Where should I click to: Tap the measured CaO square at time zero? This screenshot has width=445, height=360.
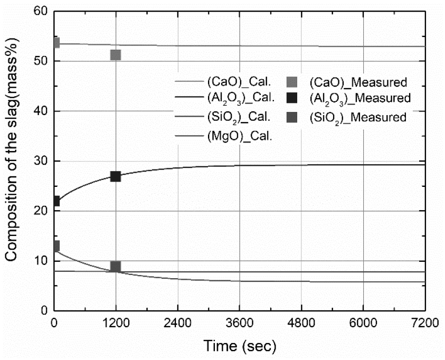pyautogui.click(x=55, y=43)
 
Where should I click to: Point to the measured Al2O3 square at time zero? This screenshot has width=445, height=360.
pyautogui.click(x=55, y=201)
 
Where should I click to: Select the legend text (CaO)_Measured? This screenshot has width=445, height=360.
pyautogui.click(x=357, y=82)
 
